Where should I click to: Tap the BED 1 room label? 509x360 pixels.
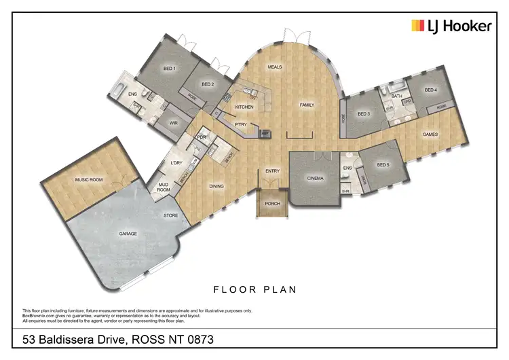(169, 69)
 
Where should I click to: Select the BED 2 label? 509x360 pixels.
(208, 84)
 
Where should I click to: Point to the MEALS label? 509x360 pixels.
(275, 67)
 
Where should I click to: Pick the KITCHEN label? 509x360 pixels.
(244, 107)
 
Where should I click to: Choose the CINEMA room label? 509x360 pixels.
(316, 179)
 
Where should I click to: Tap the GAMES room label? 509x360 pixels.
(430, 134)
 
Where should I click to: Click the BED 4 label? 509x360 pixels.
(431, 90)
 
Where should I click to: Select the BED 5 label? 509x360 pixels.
(383, 165)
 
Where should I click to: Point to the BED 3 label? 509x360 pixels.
(364, 113)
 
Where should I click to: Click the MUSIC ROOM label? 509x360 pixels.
(88, 179)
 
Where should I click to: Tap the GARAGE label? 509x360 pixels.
(128, 234)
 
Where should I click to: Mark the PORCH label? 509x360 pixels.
(272, 204)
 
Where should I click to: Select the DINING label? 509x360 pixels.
(216, 185)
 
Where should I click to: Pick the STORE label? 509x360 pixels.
(170, 215)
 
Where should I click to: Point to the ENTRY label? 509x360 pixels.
(273, 171)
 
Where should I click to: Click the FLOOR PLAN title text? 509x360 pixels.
(255, 289)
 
